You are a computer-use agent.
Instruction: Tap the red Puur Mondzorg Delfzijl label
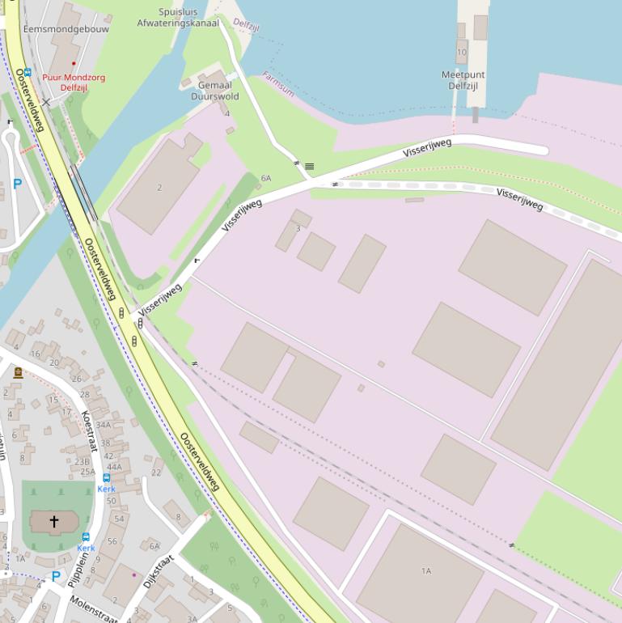[x=74, y=83]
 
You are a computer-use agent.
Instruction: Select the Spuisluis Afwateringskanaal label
[x=178, y=18]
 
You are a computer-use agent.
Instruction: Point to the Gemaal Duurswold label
[x=214, y=91]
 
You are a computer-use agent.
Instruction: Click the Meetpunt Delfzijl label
[x=463, y=80]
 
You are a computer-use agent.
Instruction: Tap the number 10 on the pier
[x=462, y=52]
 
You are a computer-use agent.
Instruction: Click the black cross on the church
[x=55, y=522]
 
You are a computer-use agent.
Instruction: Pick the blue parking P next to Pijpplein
[x=55, y=577]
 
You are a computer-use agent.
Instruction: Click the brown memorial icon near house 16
[x=18, y=372]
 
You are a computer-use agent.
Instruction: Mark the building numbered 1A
[x=425, y=571]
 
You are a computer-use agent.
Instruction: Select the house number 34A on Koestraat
[x=103, y=425]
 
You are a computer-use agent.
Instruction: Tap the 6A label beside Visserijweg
[x=266, y=178]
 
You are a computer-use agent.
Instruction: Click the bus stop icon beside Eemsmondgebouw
[x=27, y=72]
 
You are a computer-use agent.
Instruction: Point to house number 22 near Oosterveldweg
[x=156, y=473]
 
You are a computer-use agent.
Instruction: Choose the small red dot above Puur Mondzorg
[x=74, y=63]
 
